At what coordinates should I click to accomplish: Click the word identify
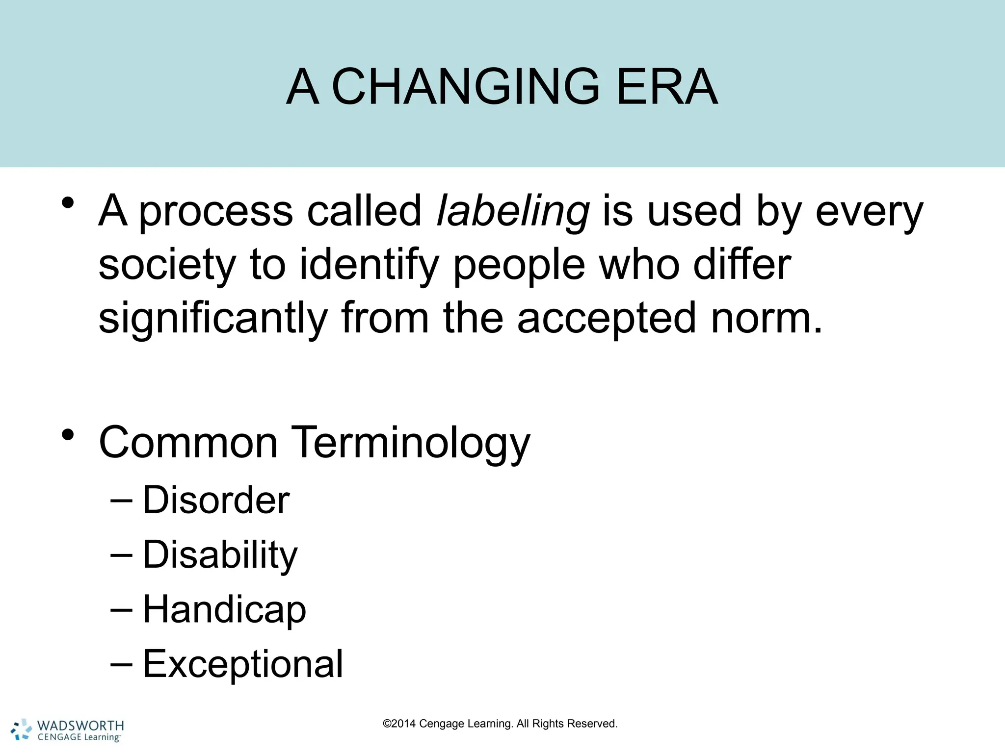[369, 265]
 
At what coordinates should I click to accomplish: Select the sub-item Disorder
[216, 501]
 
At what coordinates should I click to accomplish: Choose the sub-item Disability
[220, 555]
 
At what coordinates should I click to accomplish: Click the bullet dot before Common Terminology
[68, 434]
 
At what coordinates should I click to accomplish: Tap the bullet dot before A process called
[68, 202]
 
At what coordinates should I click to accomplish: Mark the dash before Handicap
[121, 609]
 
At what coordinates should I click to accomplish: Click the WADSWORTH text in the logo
[80, 726]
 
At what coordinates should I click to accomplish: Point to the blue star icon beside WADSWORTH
[21, 729]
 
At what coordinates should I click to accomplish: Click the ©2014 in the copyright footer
[399, 724]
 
